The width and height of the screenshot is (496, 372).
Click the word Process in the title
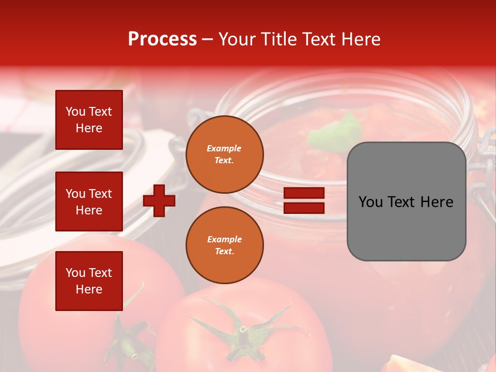(x=162, y=39)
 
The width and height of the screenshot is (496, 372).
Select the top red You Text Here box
(x=89, y=120)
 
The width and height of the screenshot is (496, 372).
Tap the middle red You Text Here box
(x=89, y=202)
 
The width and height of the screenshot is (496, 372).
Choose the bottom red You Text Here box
(x=89, y=281)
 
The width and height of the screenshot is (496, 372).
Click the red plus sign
(x=159, y=200)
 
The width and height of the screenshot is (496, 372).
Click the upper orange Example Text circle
(x=224, y=154)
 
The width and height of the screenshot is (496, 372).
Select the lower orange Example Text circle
(x=224, y=245)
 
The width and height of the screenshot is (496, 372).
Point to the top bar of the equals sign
(x=304, y=193)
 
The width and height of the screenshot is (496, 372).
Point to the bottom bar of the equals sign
(x=304, y=208)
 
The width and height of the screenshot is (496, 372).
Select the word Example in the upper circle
(x=224, y=148)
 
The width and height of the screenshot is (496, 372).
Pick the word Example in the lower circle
(x=224, y=239)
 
